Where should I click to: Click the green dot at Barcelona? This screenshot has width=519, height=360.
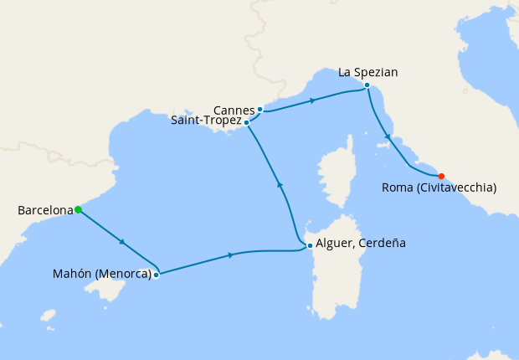click(x=78, y=209)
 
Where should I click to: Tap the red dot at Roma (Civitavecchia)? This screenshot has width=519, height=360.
click(x=441, y=176)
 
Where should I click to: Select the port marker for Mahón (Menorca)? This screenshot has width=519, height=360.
click(x=156, y=274)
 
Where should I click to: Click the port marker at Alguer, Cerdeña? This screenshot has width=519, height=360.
click(x=310, y=245)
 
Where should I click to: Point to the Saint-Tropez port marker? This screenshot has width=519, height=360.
click(x=246, y=122)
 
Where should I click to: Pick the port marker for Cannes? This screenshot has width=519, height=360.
click(x=260, y=109)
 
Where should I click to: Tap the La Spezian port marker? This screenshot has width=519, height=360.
click(x=367, y=85)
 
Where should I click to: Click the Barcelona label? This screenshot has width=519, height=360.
click(x=45, y=210)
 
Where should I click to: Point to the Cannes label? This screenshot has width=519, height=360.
click(x=234, y=110)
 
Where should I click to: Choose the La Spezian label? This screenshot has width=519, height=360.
click(x=367, y=72)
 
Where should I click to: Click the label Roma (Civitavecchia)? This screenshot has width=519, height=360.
click(x=439, y=188)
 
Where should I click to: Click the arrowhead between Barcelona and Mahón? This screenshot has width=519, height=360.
click(x=123, y=242)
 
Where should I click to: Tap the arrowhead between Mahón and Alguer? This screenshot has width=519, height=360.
click(x=230, y=255)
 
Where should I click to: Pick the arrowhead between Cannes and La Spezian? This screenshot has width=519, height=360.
click(x=311, y=100)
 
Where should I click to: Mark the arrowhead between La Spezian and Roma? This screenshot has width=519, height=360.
click(x=388, y=136)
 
